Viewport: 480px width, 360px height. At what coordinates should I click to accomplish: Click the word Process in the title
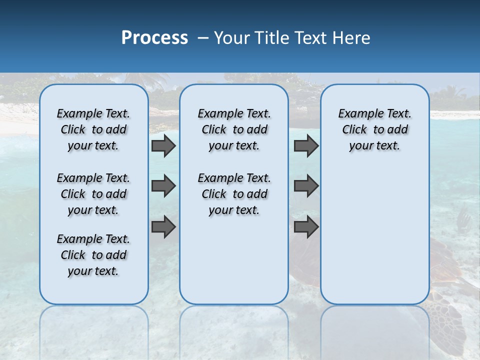(x=154, y=38)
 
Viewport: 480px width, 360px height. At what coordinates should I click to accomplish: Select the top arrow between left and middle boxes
(x=163, y=146)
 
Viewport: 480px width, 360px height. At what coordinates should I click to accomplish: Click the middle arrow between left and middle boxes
(x=163, y=186)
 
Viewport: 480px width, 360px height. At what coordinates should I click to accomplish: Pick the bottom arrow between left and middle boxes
(x=163, y=227)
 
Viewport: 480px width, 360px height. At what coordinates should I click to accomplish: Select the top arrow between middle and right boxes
(x=306, y=146)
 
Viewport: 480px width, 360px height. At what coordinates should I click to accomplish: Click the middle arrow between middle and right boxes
(x=306, y=186)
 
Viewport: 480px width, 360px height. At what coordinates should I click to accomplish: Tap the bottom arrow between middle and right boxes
(x=306, y=227)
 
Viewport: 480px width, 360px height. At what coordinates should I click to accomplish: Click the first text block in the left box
(x=93, y=129)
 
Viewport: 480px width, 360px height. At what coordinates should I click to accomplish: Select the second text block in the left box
(x=93, y=194)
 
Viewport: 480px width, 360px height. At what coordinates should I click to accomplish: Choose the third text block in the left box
(x=93, y=255)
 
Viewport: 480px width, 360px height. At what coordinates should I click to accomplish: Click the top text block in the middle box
(x=234, y=129)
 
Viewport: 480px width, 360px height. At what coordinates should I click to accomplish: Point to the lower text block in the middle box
(x=234, y=194)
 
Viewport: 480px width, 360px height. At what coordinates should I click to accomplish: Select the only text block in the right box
(x=374, y=129)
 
